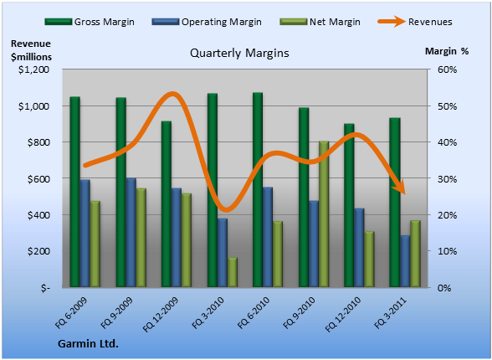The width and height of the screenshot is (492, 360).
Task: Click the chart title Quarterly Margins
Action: click(239, 53)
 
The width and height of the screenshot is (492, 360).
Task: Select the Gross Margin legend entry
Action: click(90, 22)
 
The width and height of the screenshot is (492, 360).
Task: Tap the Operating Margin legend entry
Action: click(207, 22)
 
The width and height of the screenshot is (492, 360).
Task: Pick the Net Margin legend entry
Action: click(320, 22)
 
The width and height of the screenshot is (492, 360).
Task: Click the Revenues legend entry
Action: click(415, 22)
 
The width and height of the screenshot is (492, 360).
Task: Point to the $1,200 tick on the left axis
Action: click(33, 69)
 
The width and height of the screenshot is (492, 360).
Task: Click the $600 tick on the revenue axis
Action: click(38, 178)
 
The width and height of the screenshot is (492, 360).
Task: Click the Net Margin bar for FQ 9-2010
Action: click(324, 214)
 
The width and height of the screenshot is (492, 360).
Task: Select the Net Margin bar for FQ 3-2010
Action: click(233, 272)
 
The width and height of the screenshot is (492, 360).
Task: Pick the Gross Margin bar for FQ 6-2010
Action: click(258, 189)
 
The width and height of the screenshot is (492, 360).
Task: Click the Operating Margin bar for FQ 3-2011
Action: click(405, 261)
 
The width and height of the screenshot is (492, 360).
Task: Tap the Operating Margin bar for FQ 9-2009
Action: click(131, 232)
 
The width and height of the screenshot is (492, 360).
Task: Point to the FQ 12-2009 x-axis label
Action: click(161, 314)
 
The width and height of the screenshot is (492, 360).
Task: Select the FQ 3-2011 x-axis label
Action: click(391, 312)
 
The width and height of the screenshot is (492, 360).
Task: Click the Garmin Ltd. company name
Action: click(88, 344)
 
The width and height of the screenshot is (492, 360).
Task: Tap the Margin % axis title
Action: click(447, 51)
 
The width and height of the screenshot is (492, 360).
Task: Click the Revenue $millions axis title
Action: click(31, 50)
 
